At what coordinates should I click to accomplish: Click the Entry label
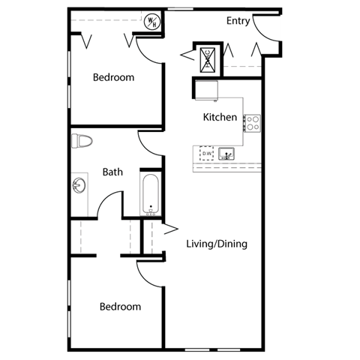pos(238,21)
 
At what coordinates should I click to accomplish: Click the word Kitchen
pos(220,117)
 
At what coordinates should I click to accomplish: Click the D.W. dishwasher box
pos(206,154)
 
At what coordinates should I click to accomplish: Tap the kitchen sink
pos(226,154)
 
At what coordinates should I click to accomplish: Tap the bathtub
pos(151,193)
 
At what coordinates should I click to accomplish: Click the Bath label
pos(112,172)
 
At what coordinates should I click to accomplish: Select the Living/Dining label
pos(217,244)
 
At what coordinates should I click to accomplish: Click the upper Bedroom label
pos(113,77)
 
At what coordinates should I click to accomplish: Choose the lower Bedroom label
pos(120,307)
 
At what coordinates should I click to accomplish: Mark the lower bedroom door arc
pos(148,275)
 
